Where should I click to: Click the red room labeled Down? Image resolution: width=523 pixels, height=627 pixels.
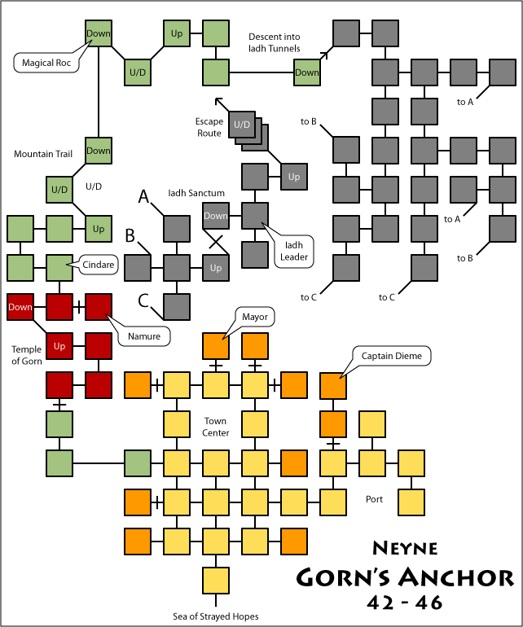20,307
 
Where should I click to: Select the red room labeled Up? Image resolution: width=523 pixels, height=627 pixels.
59,346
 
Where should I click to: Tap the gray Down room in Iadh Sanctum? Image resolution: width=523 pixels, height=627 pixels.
216,216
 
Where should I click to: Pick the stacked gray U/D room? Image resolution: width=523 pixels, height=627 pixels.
242,125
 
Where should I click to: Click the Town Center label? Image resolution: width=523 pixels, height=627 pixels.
216,427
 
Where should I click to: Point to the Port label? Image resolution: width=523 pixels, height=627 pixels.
375,499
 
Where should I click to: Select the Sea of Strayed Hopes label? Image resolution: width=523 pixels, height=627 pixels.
216,616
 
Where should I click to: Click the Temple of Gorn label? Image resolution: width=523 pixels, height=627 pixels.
27,355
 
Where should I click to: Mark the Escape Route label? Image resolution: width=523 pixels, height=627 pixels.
209,127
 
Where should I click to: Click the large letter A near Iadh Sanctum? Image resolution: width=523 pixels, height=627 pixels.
143,196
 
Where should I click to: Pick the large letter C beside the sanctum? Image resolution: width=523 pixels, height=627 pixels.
143,301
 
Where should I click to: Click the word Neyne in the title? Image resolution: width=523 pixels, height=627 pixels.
405,547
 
